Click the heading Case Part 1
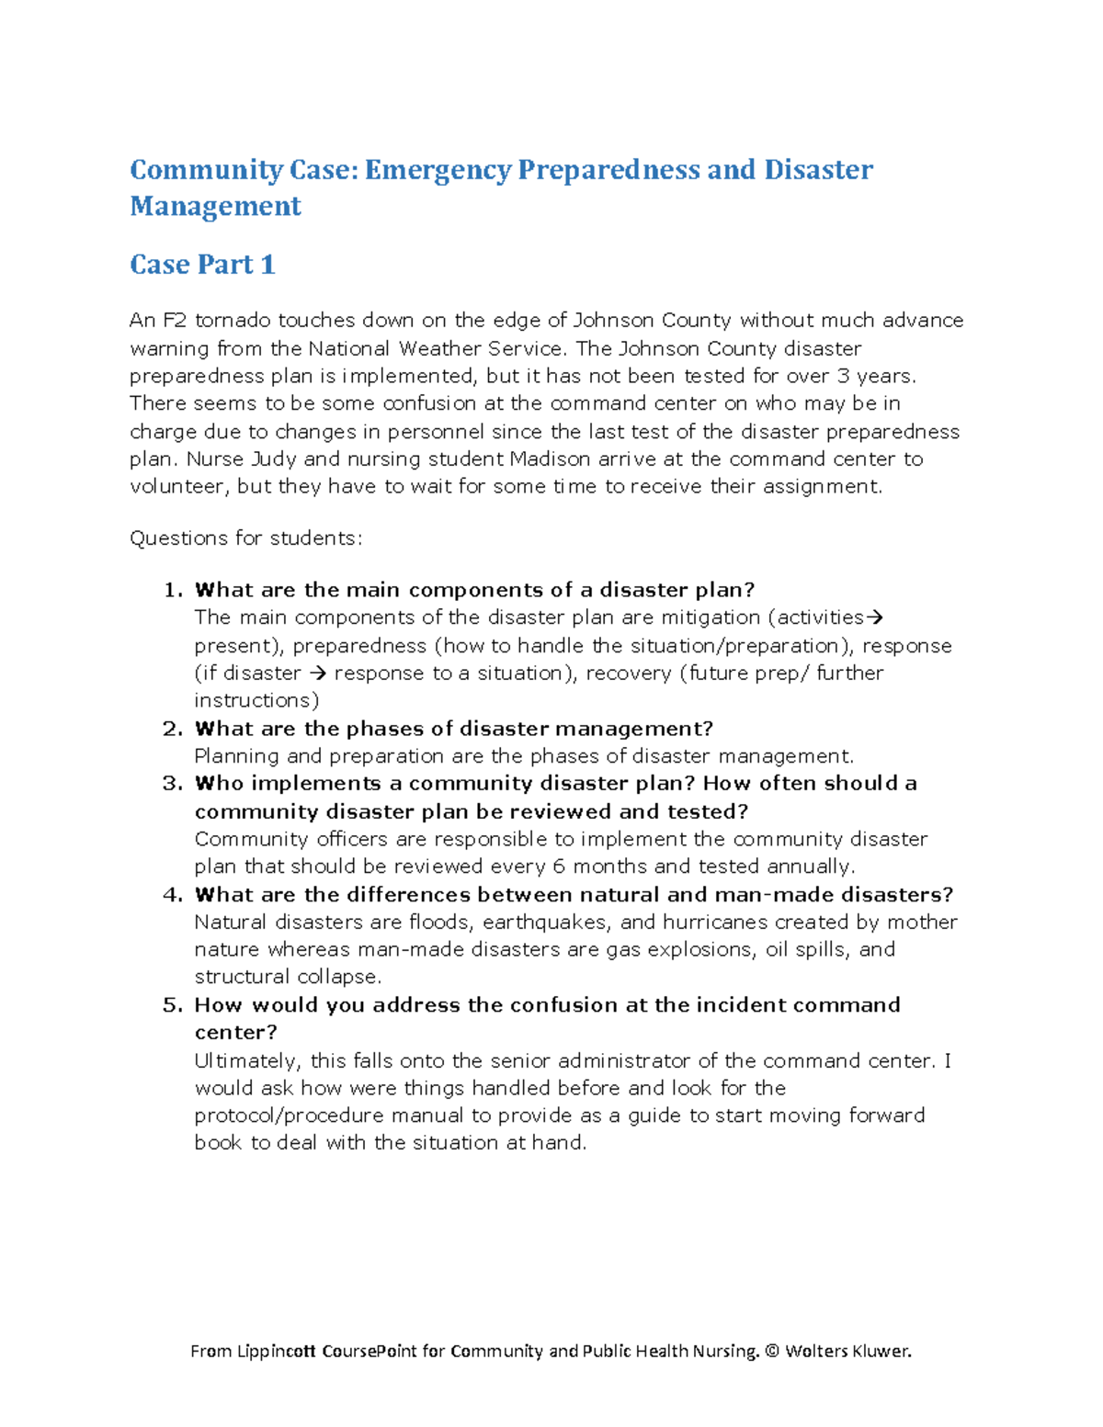(202, 265)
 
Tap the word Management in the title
(215, 206)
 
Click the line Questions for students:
(245, 538)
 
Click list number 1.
(173, 590)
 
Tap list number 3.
(172, 784)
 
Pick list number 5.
(172, 1005)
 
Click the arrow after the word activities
(876, 617)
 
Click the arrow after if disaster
(318, 674)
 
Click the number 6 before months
(559, 866)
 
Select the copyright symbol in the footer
(771, 1351)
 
